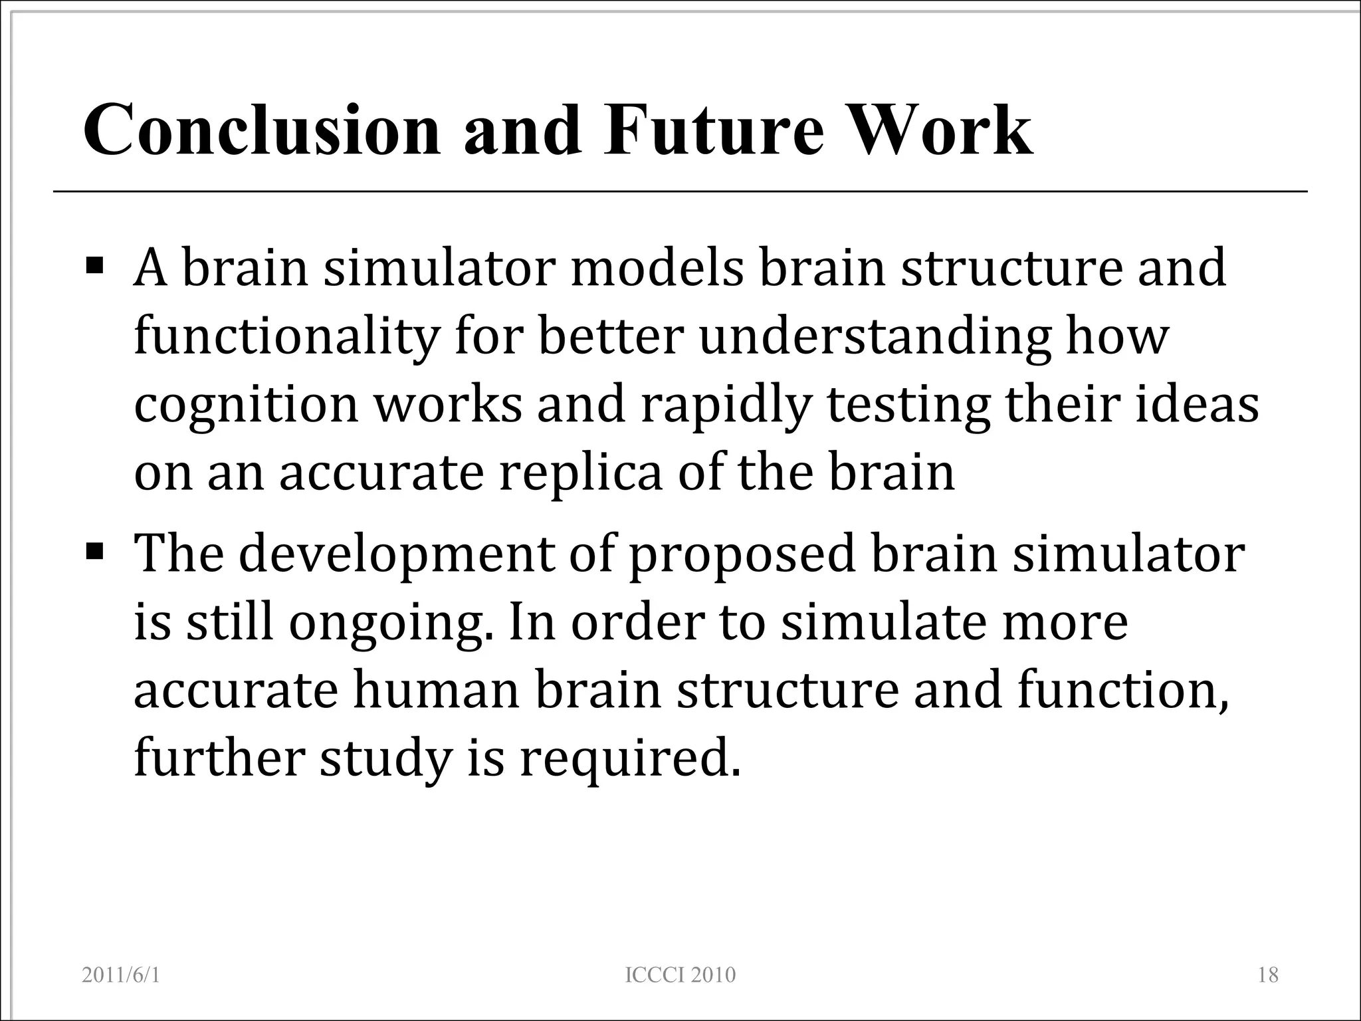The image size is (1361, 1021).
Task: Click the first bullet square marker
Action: tap(95, 267)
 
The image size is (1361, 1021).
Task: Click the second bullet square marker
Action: tap(95, 551)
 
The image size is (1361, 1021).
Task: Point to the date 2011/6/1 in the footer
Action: tap(121, 974)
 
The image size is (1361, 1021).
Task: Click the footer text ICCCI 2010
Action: tap(680, 974)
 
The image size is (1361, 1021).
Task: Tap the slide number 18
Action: tap(1268, 974)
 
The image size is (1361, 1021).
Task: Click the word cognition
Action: tap(246, 406)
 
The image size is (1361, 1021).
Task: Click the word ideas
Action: tap(1196, 406)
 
